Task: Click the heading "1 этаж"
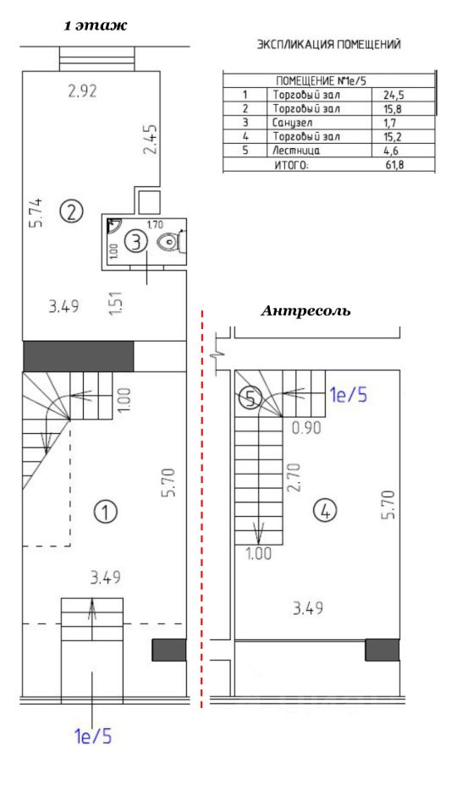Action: click(96, 26)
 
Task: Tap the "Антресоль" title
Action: click(306, 311)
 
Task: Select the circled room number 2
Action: click(72, 211)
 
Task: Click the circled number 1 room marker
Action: click(106, 513)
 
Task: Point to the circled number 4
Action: click(325, 512)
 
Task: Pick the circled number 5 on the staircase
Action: click(251, 398)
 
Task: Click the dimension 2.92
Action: click(82, 91)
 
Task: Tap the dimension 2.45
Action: click(150, 139)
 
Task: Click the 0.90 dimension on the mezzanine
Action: click(306, 428)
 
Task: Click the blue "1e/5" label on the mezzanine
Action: click(348, 396)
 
